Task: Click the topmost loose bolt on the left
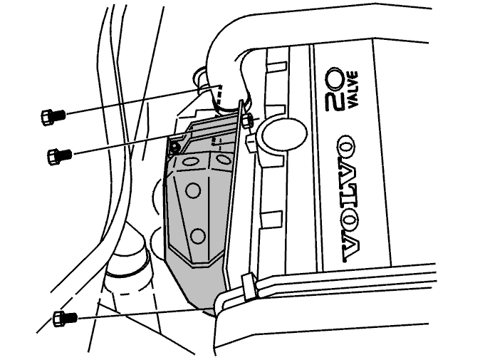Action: point(53,117)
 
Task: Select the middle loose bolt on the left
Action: point(59,155)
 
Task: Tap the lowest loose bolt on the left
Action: point(65,318)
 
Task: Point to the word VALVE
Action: point(352,89)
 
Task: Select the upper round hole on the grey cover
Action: point(193,190)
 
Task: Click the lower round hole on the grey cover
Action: point(198,236)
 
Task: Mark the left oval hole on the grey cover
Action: point(191,161)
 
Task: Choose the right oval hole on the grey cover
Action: point(223,159)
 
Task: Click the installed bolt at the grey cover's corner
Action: point(175,148)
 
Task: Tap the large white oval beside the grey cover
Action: point(283,133)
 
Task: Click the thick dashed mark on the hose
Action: point(218,94)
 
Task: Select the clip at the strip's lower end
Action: point(249,287)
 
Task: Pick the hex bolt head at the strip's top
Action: point(247,120)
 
